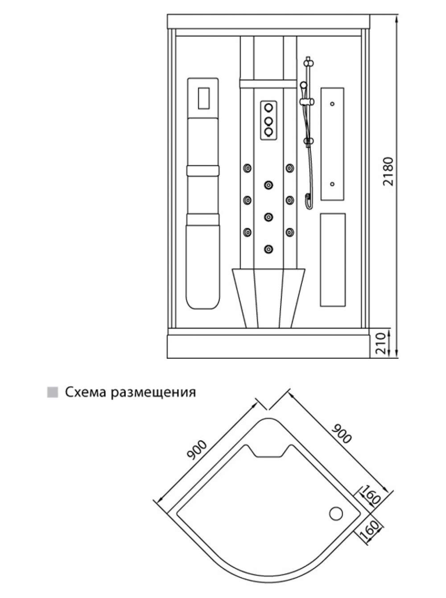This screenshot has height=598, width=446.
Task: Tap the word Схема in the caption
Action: (x=85, y=393)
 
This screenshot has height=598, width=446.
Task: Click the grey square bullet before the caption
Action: (x=53, y=393)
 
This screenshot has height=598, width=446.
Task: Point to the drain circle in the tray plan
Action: (x=336, y=514)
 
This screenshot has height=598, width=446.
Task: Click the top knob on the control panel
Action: (x=269, y=108)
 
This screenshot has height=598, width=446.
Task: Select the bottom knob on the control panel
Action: (x=269, y=132)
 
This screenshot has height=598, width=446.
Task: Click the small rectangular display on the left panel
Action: (x=204, y=98)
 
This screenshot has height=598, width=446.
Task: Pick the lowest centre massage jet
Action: (x=269, y=249)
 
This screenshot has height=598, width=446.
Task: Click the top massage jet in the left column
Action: (x=248, y=168)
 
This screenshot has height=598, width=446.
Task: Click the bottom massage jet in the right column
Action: (x=290, y=232)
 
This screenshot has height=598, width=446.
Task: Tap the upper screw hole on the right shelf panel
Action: (x=332, y=104)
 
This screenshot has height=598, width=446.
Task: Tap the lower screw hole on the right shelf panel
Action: (x=332, y=184)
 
